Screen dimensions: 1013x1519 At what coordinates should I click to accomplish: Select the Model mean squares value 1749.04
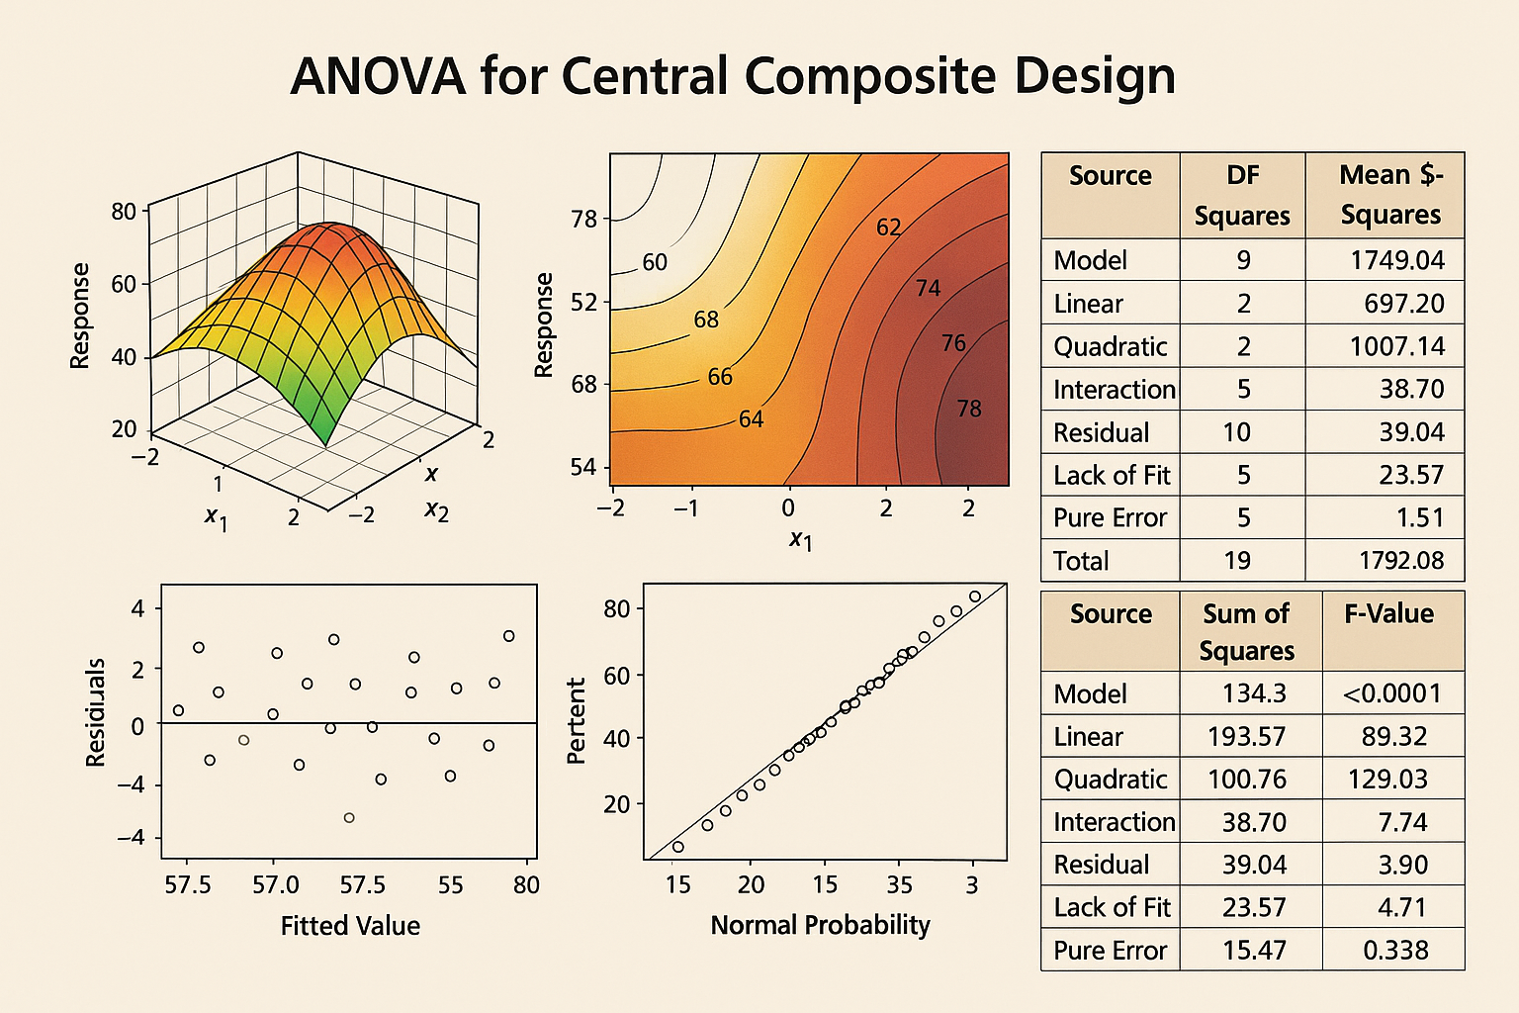click(1396, 260)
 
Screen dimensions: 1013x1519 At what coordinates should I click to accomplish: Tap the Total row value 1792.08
click(1400, 561)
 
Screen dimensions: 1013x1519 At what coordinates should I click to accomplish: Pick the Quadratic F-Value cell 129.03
click(1387, 780)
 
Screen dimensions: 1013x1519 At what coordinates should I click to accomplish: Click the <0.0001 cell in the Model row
click(1391, 693)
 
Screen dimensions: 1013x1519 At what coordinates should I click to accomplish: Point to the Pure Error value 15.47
click(1253, 951)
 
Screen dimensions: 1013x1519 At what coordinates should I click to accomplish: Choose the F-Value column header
click(1388, 614)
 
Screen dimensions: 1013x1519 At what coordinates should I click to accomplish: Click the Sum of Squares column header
click(1246, 632)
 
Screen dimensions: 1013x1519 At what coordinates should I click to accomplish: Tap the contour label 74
click(928, 288)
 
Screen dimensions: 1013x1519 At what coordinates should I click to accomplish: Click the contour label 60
click(655, 262)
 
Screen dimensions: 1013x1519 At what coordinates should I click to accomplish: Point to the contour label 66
click(720, 377)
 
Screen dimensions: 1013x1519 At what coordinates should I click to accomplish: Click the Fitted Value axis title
click(350, 926)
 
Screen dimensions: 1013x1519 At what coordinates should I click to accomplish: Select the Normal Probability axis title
click(820, 925)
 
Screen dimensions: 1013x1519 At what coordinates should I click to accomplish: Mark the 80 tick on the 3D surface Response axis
click(124, 211)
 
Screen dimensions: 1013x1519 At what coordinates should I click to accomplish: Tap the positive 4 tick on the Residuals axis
click(137, 608)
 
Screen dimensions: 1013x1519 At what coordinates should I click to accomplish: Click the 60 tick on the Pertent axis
click(616, 676)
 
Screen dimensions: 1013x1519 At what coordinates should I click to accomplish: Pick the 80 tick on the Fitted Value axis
click(526, 885)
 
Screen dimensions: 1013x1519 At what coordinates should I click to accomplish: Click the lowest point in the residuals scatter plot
click(349, 818)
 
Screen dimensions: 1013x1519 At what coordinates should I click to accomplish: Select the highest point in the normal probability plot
click(975, 597)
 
